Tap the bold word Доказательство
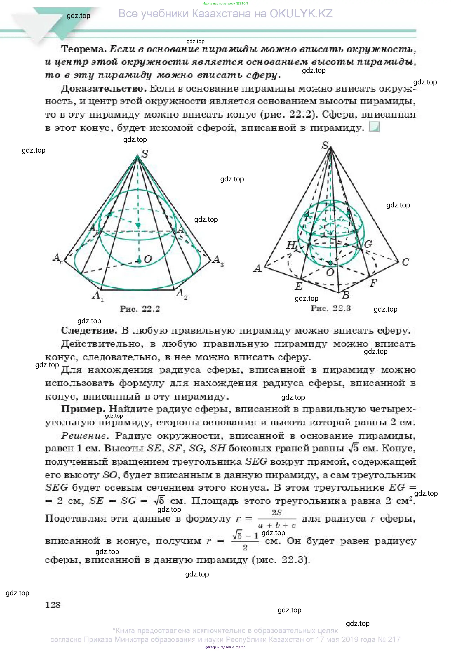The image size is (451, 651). (104, 89)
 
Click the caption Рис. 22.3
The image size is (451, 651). (330, 308)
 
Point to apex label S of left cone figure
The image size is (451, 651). (145, 154)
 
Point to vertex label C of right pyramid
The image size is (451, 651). (405, 262)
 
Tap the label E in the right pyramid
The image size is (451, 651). (298, 286)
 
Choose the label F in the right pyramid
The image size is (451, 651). (373, 282)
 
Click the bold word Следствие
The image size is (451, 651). (89, 330)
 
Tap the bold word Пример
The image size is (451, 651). (83, 409)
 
